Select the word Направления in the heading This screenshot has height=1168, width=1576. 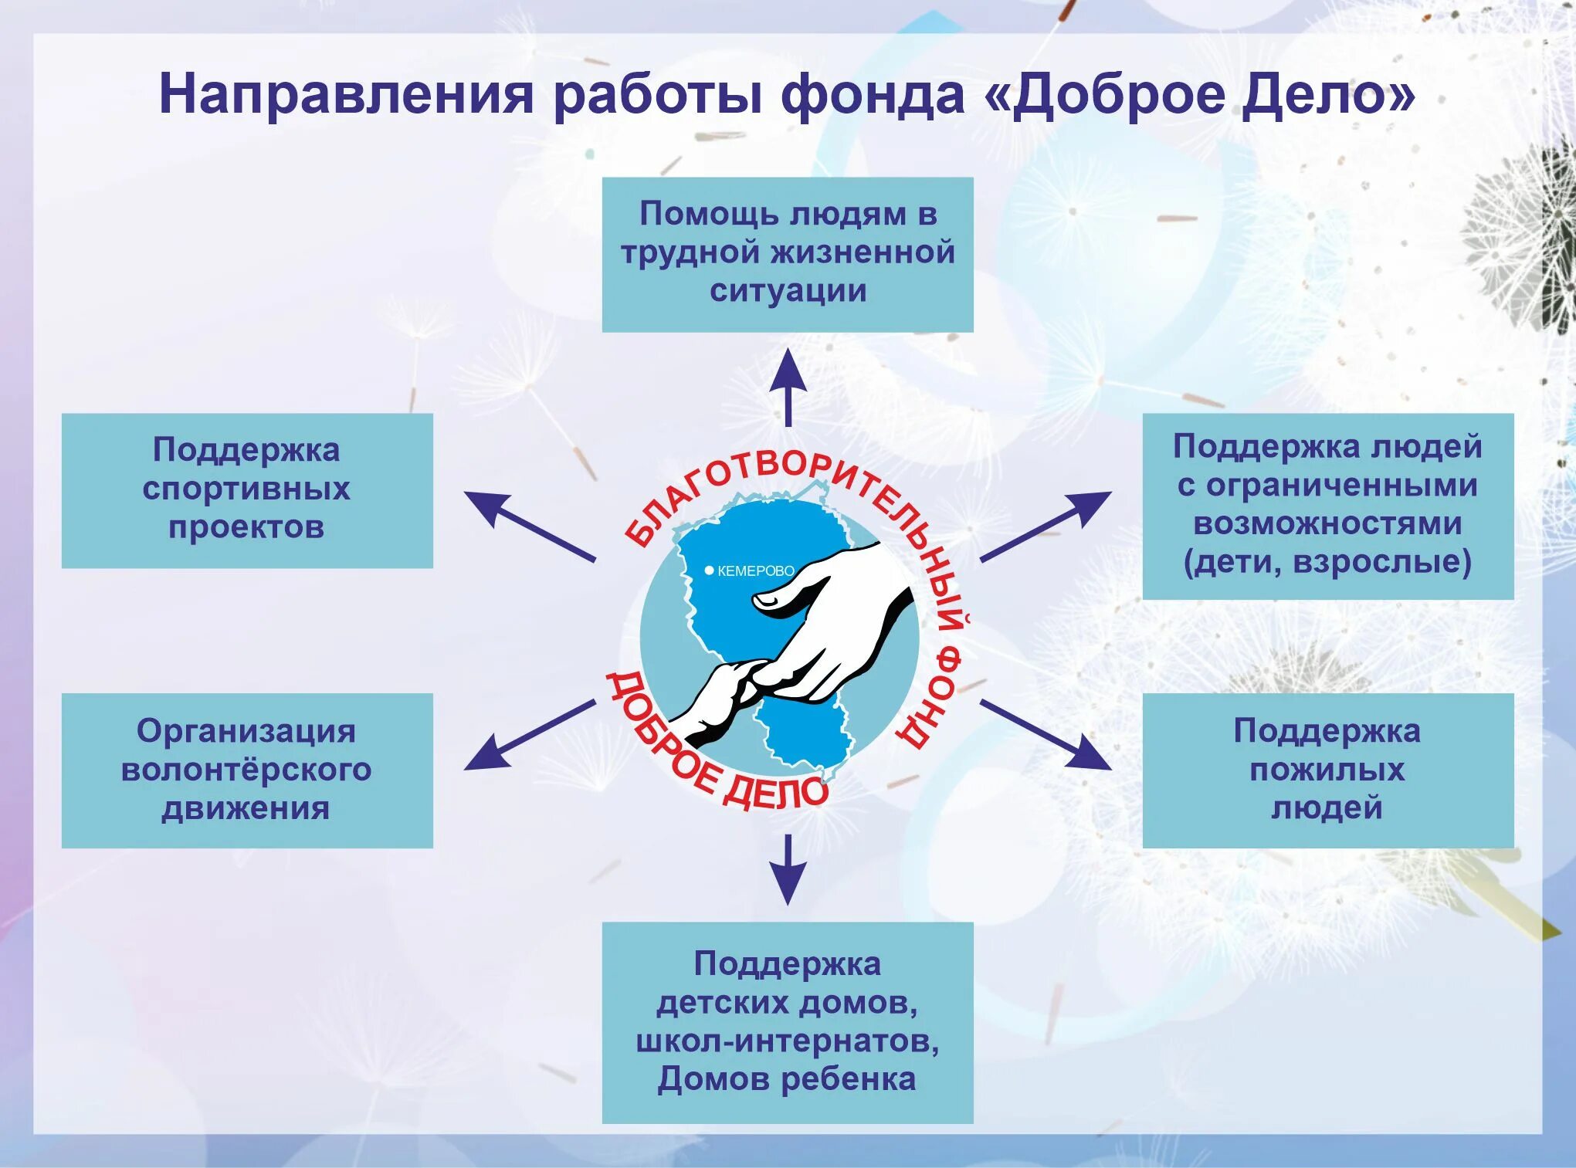click(346, 95)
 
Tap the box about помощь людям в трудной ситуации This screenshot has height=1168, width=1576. click(787, 255)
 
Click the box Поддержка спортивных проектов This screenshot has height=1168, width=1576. click(247, 490)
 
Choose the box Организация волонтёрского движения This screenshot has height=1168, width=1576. click(247, 770)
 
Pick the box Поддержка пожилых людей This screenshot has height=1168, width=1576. click(1327, 770)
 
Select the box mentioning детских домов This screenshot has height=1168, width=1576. click(787, 1021)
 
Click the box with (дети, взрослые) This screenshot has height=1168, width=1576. click(1327, 506)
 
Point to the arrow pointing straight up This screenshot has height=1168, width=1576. click(788, 386)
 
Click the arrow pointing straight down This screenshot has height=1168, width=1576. click(788, 869)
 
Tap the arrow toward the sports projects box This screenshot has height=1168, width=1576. click(528, 525)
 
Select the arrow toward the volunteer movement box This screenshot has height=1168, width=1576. click(528, 735)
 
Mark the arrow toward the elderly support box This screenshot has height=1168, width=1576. click(1047, 735)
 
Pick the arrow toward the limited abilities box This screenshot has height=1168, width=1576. click(1047, 525)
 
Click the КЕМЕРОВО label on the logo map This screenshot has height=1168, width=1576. click(755, 571)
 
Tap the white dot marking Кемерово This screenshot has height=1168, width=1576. click(709, 570)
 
